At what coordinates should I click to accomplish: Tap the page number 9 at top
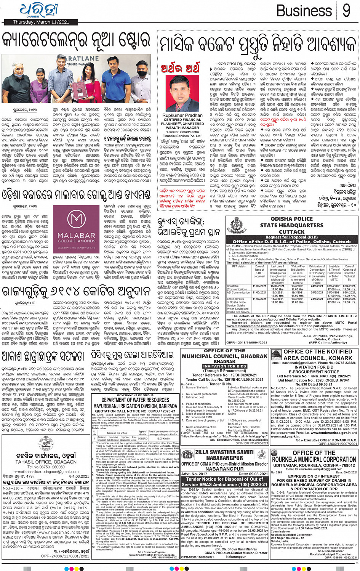(346, 11)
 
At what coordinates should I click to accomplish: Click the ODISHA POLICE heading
(291, 219)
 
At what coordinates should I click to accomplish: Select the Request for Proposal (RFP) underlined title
(291, 237)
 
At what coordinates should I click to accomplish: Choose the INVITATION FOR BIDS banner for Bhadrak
(224, 366)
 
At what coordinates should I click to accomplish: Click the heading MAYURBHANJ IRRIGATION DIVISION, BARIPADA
(135, 406)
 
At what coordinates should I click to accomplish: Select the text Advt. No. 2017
(194, 474)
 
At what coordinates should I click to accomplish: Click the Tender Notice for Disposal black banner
(224, 482)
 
